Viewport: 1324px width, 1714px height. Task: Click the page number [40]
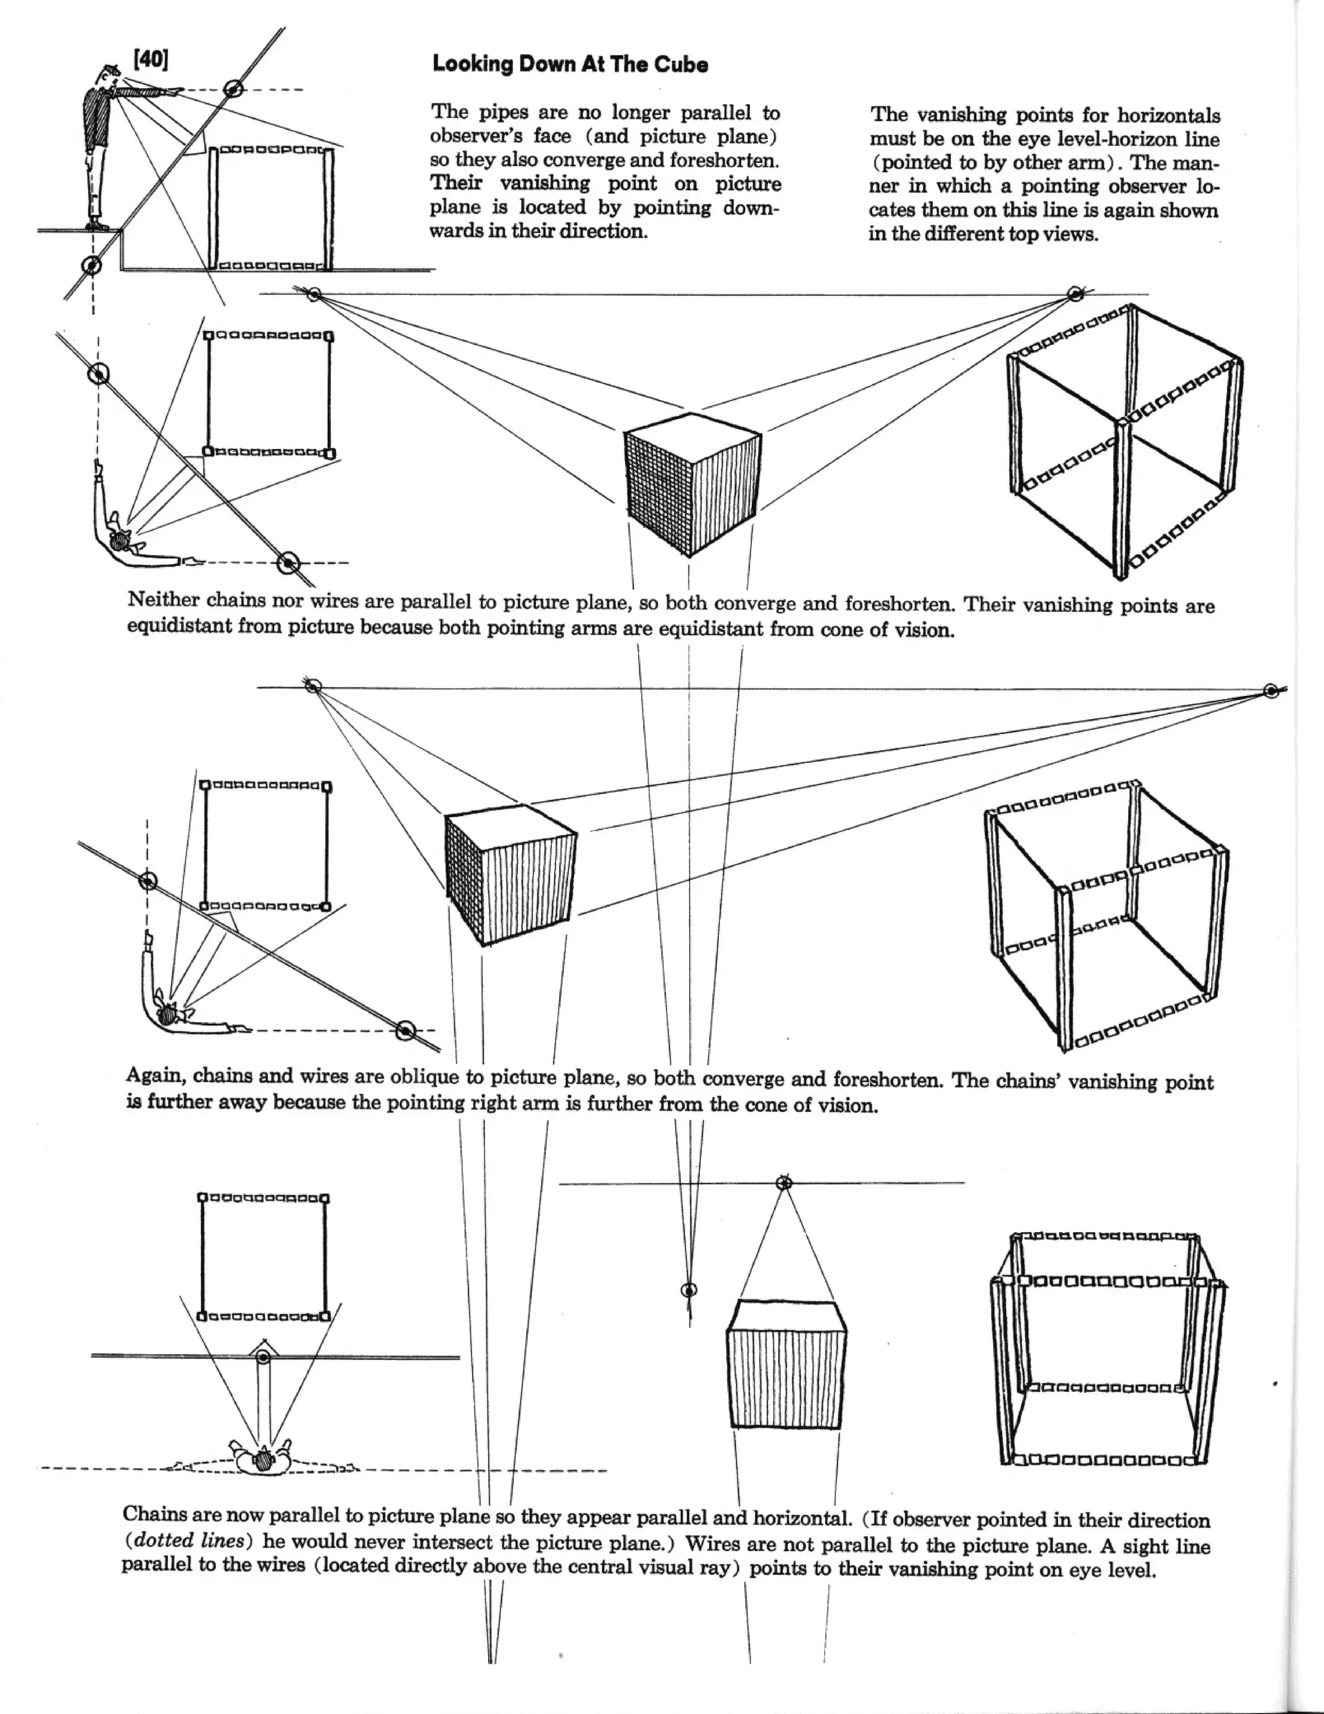coord(151,60)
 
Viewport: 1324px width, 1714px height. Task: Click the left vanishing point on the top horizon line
coord(314,294)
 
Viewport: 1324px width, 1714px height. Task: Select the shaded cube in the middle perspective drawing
coord(510,875)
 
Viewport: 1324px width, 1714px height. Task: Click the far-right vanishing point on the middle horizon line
coord(1272,691)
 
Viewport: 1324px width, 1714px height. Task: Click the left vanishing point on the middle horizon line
coord(312,686)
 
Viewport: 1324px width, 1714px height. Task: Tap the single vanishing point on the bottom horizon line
coord(784,1183)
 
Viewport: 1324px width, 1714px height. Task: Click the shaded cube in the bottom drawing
coord(787,1365)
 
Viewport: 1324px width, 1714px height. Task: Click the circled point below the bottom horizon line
coord(689,1290)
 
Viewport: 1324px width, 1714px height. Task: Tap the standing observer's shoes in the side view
coord(96,225)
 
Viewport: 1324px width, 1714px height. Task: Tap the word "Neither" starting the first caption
coord(163,600)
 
